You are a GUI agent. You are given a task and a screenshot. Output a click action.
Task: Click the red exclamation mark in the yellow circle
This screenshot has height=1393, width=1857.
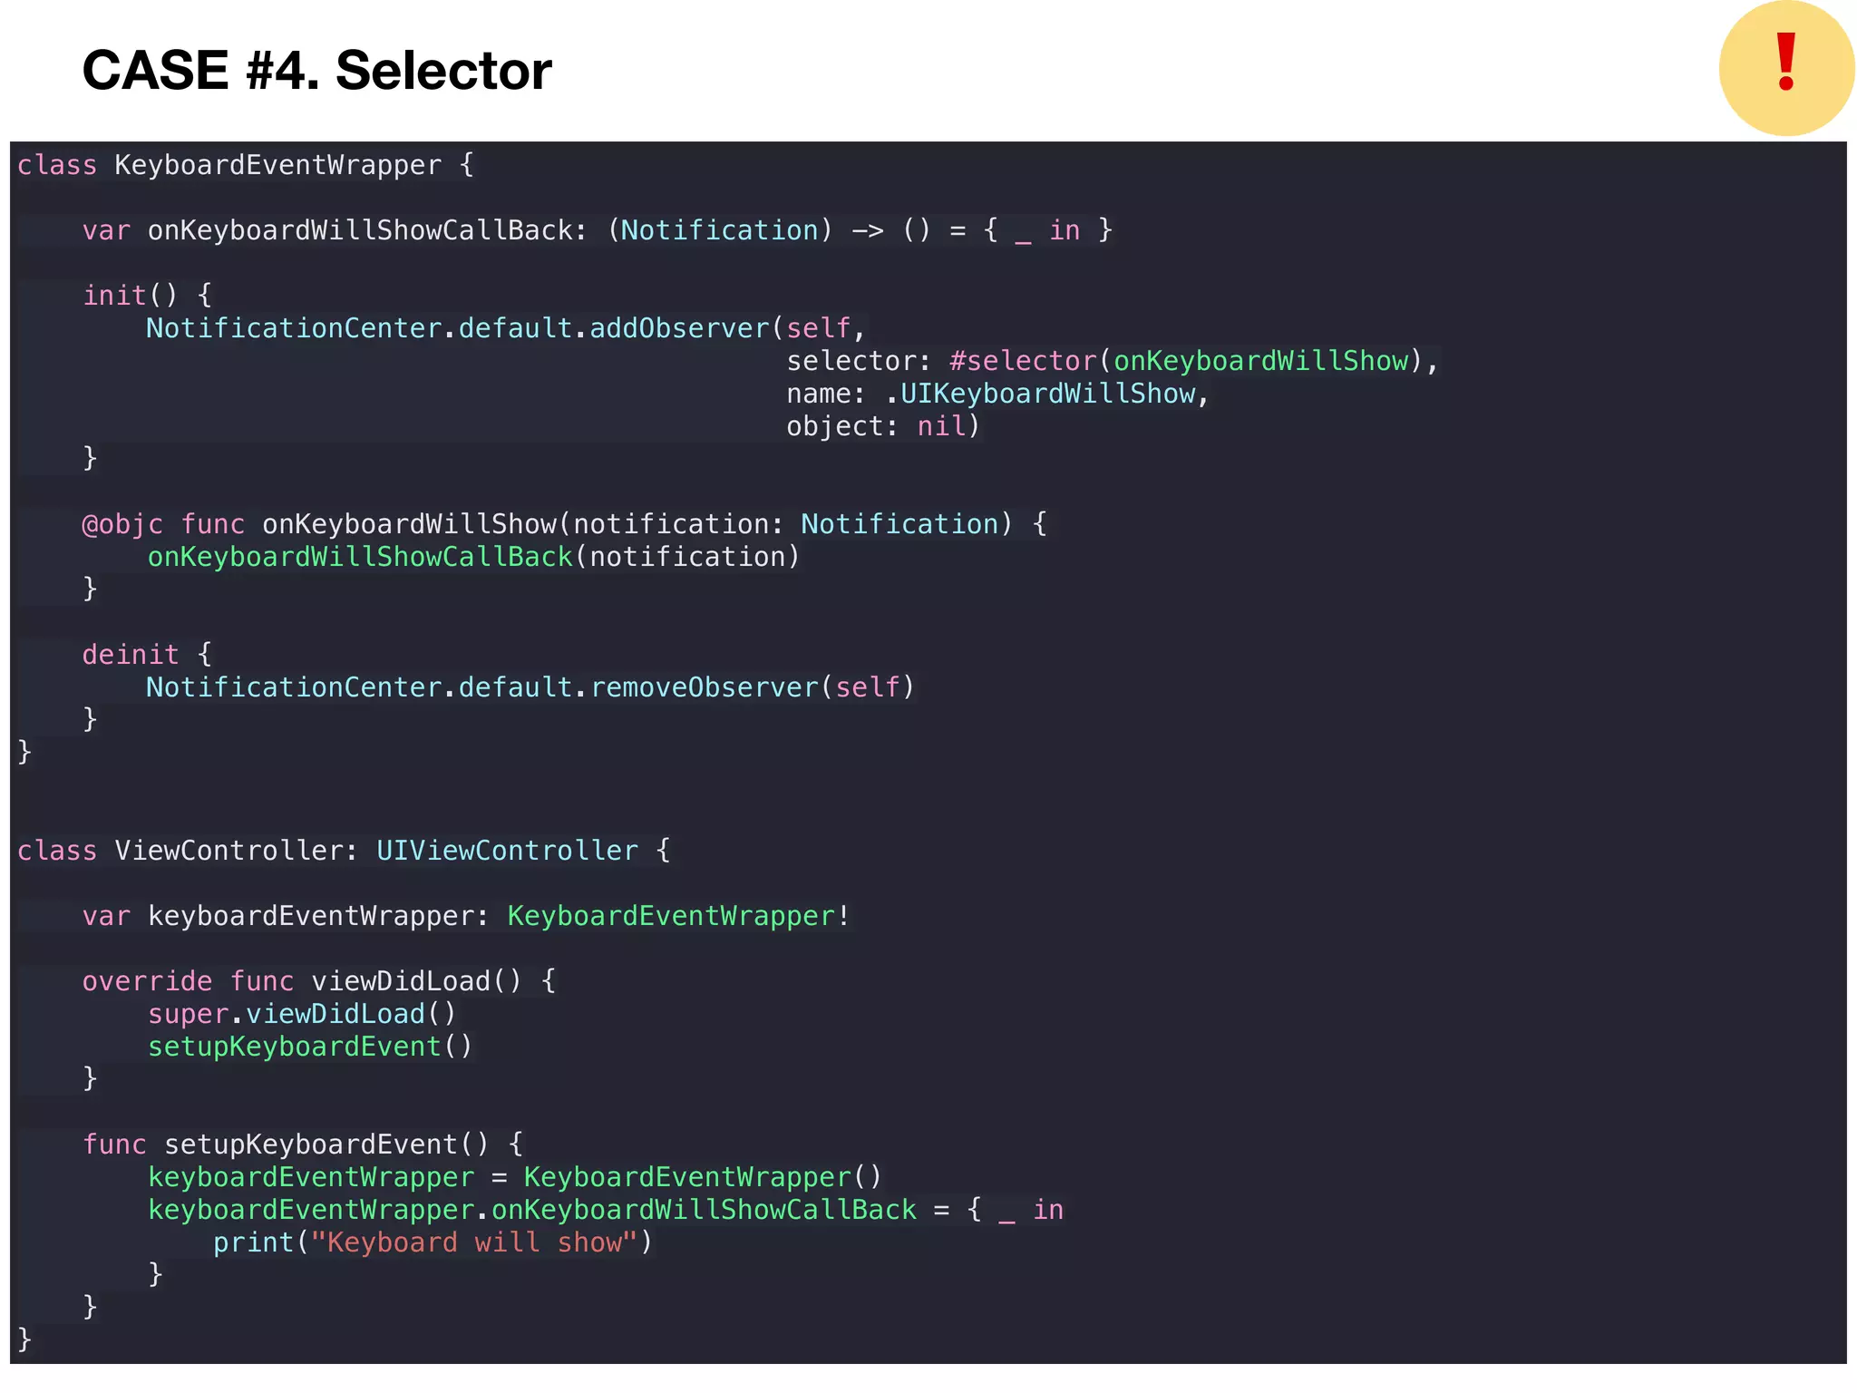coord(1785,63)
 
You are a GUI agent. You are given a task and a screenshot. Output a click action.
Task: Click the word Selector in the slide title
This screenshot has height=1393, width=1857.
coord(443,71)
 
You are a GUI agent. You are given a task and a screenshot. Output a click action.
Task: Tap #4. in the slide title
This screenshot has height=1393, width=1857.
coord(282,71)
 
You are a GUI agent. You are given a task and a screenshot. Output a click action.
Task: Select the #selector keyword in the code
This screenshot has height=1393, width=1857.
coord(1023,361)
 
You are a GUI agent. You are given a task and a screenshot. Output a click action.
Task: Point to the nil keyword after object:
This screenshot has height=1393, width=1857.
coord(941,426)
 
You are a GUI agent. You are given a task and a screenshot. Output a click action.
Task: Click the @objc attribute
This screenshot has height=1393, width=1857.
coord(122,524)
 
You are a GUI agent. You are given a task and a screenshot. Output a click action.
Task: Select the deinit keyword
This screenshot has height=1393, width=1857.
coord(131,655)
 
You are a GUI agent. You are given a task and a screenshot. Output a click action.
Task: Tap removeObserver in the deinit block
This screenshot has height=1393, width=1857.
coord(705,687)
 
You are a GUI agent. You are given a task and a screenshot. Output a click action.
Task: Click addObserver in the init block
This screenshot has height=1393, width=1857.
coord(679,328)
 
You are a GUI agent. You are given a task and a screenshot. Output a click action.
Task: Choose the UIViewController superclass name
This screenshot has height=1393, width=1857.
coord(507,851)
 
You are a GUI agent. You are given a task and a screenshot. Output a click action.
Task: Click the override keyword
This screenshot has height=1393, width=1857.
coord(147,981)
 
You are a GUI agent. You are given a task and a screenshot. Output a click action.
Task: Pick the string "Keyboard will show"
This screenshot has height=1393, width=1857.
coord(475,1242)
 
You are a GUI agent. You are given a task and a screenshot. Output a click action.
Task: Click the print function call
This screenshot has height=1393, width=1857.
coord(254,1242)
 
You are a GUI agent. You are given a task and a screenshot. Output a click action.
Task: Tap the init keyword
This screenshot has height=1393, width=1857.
coord(114,296)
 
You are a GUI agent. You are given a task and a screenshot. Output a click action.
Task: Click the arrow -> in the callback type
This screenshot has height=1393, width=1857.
coord(867,230)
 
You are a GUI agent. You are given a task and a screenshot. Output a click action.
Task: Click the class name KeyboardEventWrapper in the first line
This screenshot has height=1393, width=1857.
coord(277,165)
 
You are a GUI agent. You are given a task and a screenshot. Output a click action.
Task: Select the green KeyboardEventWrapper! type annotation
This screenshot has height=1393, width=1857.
coord(678,916)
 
